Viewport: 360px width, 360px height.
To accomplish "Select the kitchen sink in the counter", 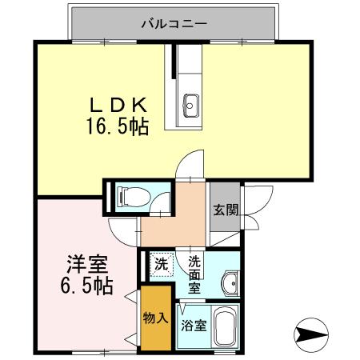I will [x=191, y=102].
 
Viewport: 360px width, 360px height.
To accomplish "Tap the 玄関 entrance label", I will [x=225, y=210].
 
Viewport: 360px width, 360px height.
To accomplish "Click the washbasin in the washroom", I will [x=230, y=282].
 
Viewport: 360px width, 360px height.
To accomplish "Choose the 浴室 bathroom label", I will [x=194, y=326].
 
